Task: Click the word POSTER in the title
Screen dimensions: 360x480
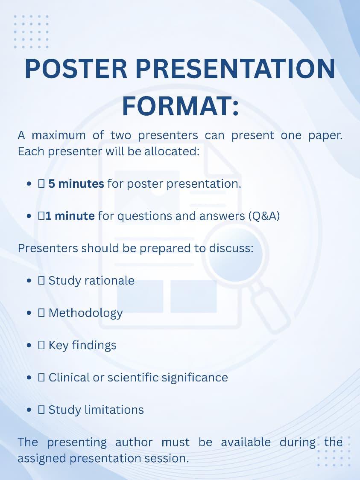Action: tap(76, 69)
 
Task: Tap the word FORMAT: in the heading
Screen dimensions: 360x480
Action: tap(180, 106)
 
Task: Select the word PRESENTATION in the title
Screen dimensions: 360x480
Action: tap(235, 69)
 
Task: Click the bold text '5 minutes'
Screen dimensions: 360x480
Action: tap(76, 183)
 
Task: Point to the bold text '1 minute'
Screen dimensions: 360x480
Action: tap(70, 216)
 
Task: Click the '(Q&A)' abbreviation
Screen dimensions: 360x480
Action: tap(264, 216)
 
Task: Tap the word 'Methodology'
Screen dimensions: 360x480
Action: tap(85, 313)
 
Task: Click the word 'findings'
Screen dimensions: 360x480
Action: tap(94, 346)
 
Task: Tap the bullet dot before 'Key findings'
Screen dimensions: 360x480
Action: tap(29, 346)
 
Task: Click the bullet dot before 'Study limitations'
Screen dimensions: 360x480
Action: tap(29, 410)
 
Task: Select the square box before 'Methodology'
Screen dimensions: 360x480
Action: tap(41, 313)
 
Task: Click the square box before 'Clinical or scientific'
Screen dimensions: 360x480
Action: tap(41, 378)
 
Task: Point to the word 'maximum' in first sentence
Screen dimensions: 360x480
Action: tap(59, 135)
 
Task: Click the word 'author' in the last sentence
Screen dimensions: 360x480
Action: tap(134, 442)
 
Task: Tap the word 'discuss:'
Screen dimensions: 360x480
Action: tap(231, 248)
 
